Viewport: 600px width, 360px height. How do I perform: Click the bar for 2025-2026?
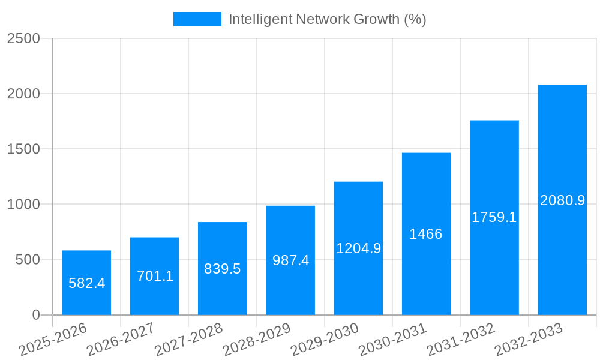pos(86,283)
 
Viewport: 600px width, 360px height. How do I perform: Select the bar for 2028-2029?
pos(290,260)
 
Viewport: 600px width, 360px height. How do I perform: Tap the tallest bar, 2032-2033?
pos(562,200)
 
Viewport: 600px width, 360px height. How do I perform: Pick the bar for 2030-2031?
pos(426,234)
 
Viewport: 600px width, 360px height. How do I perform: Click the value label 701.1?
pos(155,276)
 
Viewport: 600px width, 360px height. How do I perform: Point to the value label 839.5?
pos(223,269)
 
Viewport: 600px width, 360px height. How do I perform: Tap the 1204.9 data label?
pos(358,248)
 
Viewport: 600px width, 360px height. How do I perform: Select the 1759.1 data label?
pos(494,218)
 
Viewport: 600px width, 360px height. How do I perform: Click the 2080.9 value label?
pos(562,200)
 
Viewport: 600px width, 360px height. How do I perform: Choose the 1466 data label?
pos(426,234)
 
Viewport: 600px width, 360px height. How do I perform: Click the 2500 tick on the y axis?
pos(23,39)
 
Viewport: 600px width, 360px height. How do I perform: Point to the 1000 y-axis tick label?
pos(23,205)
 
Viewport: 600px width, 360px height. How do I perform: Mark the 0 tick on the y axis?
pos(35,315)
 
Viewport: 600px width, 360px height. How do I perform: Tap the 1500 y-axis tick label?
pos(23,149)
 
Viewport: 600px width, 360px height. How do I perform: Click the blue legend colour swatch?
pos(197,19)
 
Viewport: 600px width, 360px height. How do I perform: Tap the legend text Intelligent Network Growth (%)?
pos(328,19)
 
